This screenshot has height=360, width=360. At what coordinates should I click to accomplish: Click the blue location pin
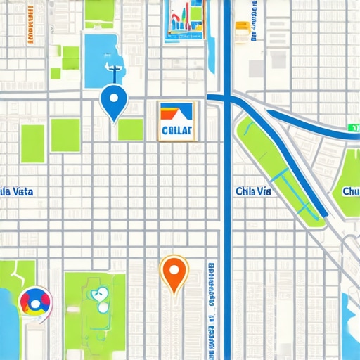(x=112, y=101)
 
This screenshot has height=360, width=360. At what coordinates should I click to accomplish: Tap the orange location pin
(x=173, y=271)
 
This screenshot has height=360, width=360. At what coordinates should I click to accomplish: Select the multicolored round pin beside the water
(x=34, y=302)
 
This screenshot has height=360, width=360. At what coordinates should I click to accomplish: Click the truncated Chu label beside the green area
(x=349, y=191)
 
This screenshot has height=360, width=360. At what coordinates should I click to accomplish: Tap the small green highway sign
(x=353, y=129)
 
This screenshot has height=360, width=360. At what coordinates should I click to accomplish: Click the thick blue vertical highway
(x=226, y=211)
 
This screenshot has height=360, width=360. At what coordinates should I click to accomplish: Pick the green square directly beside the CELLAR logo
(x=130, y=129)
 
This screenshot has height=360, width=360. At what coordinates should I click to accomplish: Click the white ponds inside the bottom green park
(x=99, y=300)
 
